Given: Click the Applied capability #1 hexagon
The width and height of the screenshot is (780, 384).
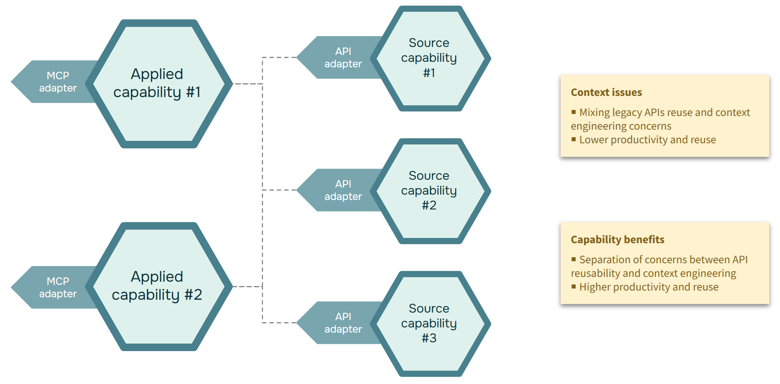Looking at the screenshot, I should (157, 83).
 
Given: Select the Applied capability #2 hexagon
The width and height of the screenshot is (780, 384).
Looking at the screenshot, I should (157, 286).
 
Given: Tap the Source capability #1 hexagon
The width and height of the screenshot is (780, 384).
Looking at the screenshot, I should (430, 58).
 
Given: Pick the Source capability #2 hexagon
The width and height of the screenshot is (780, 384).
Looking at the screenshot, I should (430, 191).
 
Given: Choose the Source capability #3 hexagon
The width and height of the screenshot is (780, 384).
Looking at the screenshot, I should (430, 323).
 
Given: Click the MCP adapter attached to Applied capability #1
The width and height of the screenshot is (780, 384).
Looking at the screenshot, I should (56, 82).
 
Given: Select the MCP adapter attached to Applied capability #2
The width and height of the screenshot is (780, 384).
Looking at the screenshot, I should (56, 287).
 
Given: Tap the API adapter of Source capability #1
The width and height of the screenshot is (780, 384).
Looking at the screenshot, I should (341, 57).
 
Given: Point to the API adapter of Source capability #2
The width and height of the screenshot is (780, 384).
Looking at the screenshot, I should (341, 190).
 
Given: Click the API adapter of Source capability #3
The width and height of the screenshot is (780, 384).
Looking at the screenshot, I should (341, 323).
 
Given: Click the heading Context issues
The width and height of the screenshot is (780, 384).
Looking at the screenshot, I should (606, 92).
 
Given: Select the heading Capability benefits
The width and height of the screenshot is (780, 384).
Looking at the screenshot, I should (617, 240).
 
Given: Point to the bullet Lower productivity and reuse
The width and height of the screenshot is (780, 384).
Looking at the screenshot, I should (647, 140).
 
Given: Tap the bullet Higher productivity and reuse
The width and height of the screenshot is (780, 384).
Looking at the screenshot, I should (649, 287).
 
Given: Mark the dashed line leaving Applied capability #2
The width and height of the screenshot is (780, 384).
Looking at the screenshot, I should (247, 286).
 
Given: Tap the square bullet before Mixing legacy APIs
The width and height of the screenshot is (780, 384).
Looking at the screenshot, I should (574, 112).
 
